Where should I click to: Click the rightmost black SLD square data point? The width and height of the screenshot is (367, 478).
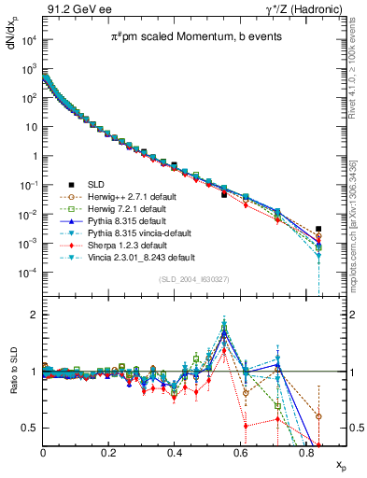coord(318,228)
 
